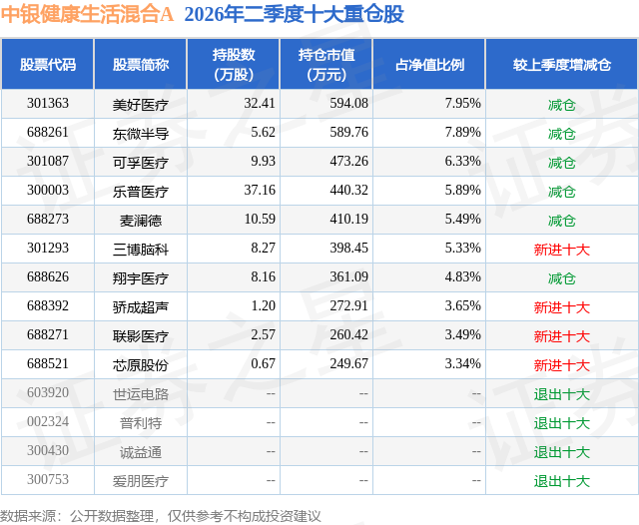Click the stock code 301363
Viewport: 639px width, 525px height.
(x=48, y=104)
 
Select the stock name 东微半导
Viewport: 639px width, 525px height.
(x=141, y=133)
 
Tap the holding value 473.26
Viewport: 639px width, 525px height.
(x=348, y=162)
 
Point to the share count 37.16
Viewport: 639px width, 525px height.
(x=260, y=191)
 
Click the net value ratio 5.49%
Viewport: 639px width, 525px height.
(x=463, y=220)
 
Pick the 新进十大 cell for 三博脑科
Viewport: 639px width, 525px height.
(x=561, y=249)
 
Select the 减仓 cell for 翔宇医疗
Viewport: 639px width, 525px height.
(x=561, y=277)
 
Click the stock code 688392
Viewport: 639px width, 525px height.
(x=48, y=305)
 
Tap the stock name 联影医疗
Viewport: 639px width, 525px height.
(x=141, y=335)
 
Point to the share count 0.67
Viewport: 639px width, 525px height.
(x=263, y=363)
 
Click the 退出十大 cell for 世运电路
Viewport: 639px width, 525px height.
(x=561, y=393)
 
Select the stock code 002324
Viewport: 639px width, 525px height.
(x=48, y=421)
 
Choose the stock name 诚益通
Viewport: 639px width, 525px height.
(x=141, y=451)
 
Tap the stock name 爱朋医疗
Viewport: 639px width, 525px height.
(x=141, y=480)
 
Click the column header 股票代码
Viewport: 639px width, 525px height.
(x=48, y=64)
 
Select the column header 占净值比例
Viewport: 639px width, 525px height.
(x=429, y=64)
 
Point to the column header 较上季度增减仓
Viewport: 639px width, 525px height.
(x=561, y=64)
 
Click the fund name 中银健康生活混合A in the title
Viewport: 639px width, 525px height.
(x=87, y=14)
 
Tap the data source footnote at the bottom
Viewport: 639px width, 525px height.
(x=160, y=516)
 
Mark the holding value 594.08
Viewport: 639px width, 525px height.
(x=348, y=104)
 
